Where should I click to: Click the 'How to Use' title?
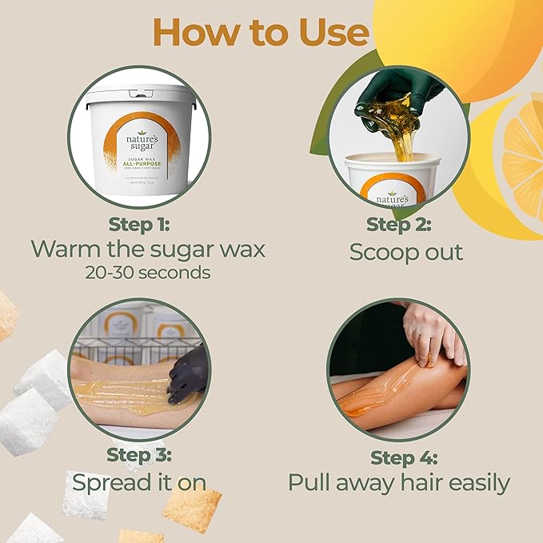click(x=261, y=33)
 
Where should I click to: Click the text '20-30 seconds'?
click(x=148, y=272)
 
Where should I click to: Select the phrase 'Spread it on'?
click(x=139, y=482)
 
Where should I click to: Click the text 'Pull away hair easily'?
click(x=398, y=483)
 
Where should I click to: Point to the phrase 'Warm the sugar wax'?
click(x=148, y=248)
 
